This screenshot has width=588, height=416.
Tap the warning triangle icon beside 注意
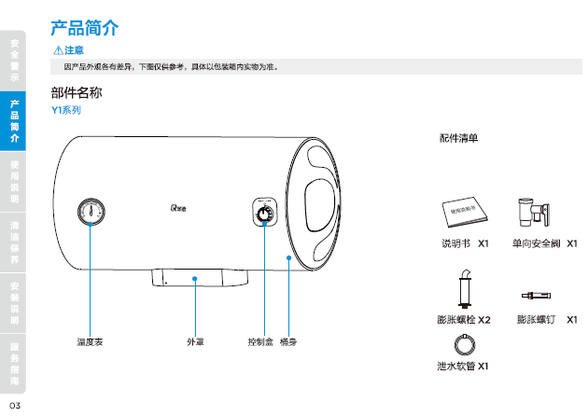pos(58,49)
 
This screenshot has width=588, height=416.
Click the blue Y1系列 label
pos(66,109)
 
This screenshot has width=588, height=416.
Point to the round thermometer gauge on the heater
pos(90,211)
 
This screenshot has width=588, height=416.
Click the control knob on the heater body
pos(265,214)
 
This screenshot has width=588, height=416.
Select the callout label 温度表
pos(90,342)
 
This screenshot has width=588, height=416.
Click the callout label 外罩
pos(195,342)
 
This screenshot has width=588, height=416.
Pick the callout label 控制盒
pos(260,342)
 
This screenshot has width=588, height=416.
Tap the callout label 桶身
pos(289,342)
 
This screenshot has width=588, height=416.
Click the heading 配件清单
pos(458,139)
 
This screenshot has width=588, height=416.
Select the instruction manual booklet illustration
pos(465,211)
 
